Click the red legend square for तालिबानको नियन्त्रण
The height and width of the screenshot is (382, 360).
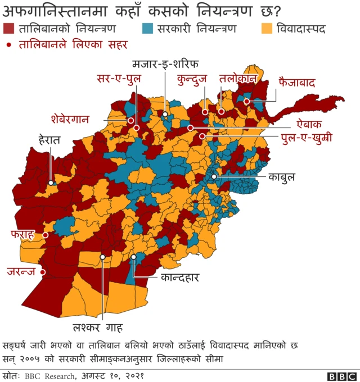pyautogui.click(x=9, y=28)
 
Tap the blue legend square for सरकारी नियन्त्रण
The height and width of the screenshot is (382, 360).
pyautogui.click(x=148, y=28)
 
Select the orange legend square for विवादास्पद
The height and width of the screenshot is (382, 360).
pyautogui.click(x=268, y=28)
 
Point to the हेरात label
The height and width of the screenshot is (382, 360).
pyautogui.click(x=49, y=138)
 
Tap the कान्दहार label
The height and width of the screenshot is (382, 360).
pyautogui.click(x=180, y=277)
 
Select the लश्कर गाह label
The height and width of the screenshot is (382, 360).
pyautogui.click(x=98, y=328)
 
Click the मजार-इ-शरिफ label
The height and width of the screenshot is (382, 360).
pyautogui.click(x=165, y=62)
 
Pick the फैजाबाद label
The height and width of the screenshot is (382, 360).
pyautogui.click(x=296, y=83)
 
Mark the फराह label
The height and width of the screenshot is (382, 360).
pyautogui.click(x=22, y=234)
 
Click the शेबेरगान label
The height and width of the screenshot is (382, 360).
pyautogui.click(x=75, y=119)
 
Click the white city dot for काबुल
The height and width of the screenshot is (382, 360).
pyautogui.click(x=214, y=176)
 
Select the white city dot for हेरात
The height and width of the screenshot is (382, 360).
pyautogui.click(x=51, y=183)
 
